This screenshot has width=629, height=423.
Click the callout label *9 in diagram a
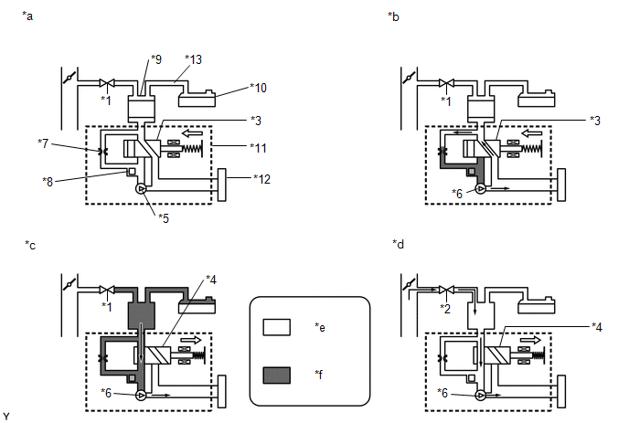tap(156, 59)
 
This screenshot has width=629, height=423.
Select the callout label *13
tap(193, 59)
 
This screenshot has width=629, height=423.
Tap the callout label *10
tap(259, 88)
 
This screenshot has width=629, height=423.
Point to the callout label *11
tap(259, 148)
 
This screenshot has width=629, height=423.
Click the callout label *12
tap(262, 179)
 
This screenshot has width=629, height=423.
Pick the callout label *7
tap(43, 143)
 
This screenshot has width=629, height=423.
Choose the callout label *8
tap(48, 182)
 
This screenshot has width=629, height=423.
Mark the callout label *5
tap(164, 218)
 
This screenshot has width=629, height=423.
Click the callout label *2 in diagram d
tap(445, 308)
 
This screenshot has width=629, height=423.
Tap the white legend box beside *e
tap(277, 327)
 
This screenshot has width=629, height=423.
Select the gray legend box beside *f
tap(277, 375)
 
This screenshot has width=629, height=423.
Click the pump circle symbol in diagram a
tap(141, 189)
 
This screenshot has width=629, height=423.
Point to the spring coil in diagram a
tap(192, 148)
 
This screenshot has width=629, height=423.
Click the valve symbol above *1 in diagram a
tap(107, 83)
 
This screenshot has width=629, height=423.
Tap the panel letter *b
tap(393, 16)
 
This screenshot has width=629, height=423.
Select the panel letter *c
tap(30, 245)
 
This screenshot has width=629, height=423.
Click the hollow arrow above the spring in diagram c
tap(191, 340)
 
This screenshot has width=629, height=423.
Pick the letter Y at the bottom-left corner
tap(6, 417)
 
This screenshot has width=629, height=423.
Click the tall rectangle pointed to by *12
tap(222, 185)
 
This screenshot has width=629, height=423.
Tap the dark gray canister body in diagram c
tap(141, 316)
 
